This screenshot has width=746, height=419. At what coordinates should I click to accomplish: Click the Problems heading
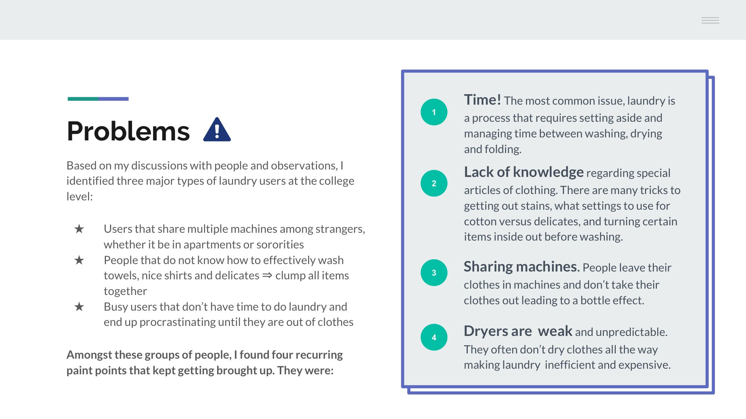click(x=128, y=131)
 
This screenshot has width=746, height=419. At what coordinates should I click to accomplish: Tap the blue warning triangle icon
click(x=217, y=130)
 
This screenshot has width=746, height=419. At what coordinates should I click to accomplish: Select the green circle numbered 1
click(x=434, y=112)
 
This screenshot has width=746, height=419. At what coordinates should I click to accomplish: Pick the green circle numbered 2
click(x=434, y=183)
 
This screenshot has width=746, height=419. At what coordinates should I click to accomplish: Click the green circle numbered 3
click(x=434, y=273)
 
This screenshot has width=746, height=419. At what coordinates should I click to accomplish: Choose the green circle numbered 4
click(x=434, y=337)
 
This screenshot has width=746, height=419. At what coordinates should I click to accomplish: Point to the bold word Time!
click(x=482, y=100)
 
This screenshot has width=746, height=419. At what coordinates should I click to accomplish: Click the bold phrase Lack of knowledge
click(x=524, y=172)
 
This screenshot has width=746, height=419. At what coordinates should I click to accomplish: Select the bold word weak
click(x=555, y=331)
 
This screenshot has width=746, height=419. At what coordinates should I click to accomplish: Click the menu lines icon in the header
click(x=710, y=20)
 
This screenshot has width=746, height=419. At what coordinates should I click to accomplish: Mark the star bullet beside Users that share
click(x=79, y=229)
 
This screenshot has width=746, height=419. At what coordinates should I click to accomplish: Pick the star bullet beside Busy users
click(x=79, y=307)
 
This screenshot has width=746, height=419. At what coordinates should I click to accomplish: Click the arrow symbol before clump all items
click(x=267, y=276)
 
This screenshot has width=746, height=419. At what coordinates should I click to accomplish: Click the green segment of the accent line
click(x=83, y=99)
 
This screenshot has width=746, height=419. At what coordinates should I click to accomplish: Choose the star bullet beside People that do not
click(x=79, y=260)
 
